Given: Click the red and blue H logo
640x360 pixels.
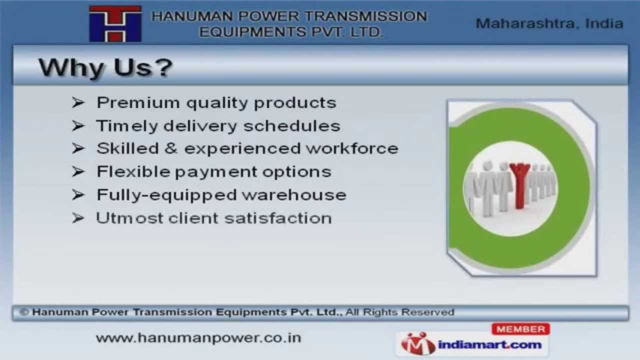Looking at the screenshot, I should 115,23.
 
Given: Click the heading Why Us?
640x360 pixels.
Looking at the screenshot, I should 105,68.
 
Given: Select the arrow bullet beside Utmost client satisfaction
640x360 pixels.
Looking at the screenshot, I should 78,218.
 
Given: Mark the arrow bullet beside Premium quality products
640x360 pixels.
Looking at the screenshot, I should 78,102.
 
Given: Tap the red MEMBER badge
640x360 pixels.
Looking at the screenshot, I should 520,329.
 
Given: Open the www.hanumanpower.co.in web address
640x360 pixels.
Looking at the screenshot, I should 198,338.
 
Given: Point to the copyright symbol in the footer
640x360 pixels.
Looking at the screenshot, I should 23,312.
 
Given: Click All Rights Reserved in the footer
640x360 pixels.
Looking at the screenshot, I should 399,312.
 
